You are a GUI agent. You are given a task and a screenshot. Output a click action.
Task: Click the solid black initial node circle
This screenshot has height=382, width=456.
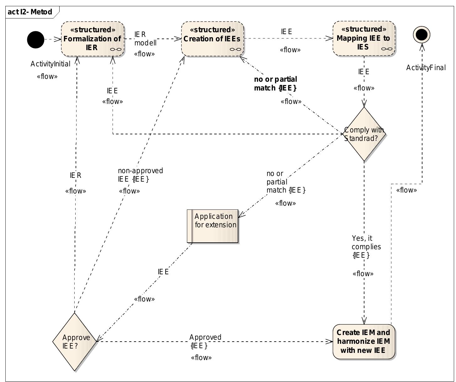[x=35, y=40]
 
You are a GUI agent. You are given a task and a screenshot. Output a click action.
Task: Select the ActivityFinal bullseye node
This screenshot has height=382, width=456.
[x=422, y=34]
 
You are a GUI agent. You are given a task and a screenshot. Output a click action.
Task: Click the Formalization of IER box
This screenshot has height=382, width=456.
[x=93, y=39]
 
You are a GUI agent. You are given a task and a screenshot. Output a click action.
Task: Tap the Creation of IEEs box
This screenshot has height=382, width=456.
[x=212, y=39]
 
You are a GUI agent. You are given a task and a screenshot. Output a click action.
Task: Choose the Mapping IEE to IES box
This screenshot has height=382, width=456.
[x=363, y=39]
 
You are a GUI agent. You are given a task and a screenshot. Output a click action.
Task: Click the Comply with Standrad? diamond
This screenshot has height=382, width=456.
[x=364, y=134]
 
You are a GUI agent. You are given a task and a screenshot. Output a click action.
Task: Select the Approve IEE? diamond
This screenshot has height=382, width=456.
[x=75, y=342]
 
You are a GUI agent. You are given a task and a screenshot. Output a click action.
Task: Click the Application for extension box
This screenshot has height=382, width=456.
[x=213, y=226]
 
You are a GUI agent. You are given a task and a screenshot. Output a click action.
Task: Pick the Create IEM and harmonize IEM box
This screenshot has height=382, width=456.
[x=363, y=341]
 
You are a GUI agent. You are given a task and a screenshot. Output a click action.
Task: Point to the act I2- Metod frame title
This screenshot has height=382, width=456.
[x=30, y=12]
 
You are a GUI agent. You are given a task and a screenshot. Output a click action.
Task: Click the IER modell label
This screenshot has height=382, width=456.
[x=145, y=38]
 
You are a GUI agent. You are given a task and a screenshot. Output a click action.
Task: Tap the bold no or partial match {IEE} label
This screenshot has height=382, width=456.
[x=275, y=84]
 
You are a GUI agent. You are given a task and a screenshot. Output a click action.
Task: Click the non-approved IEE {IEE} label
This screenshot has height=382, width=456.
[x=140, y=175]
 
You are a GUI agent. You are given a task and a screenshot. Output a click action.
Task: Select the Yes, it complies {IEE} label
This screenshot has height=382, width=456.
[x=366, y=247]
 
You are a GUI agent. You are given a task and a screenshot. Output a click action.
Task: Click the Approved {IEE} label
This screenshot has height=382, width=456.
[x=205, y=341]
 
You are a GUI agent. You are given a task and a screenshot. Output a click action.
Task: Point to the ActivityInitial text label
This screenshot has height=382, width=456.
[x=50, y=64]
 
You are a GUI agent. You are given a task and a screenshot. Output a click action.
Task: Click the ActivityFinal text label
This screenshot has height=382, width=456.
[x=426, y=68]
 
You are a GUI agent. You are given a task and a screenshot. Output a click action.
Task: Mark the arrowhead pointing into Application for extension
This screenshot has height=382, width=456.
[x=241, y=215]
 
